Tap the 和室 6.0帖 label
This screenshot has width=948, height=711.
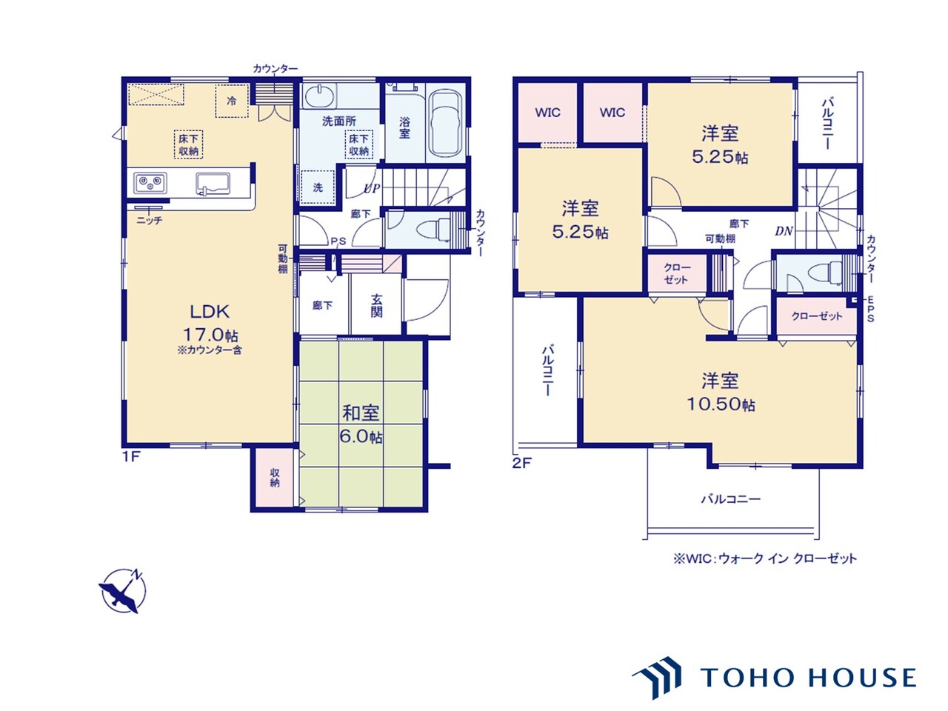[x=361, y=424]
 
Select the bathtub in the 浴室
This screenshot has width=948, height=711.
[x=445, y=123]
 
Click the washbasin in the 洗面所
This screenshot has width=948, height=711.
[x=320, y=96]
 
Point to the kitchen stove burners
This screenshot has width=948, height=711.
[x=150, y=184]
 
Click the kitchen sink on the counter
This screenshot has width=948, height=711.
[x=213, y=184]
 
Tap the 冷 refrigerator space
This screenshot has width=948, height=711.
[x=232, y=101]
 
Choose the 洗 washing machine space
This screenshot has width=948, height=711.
[x=318, y=187]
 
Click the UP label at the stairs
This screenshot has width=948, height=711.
[x=372, y=188]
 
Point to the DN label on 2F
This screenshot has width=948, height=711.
[x=784, y=231]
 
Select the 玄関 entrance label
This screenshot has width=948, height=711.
[x=376, y=305]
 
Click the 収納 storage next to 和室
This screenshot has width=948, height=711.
[x=275, y=478]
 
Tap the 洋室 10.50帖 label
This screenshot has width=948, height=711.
[x=721, y=392]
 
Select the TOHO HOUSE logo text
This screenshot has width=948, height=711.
[x=807, y=678]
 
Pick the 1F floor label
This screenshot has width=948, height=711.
[x=131, y=457]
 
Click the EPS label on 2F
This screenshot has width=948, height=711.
[x=870, y=309]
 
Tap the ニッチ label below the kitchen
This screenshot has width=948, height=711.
[x=150, y=220]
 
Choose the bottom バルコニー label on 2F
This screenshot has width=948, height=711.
[x=730, y=499]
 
